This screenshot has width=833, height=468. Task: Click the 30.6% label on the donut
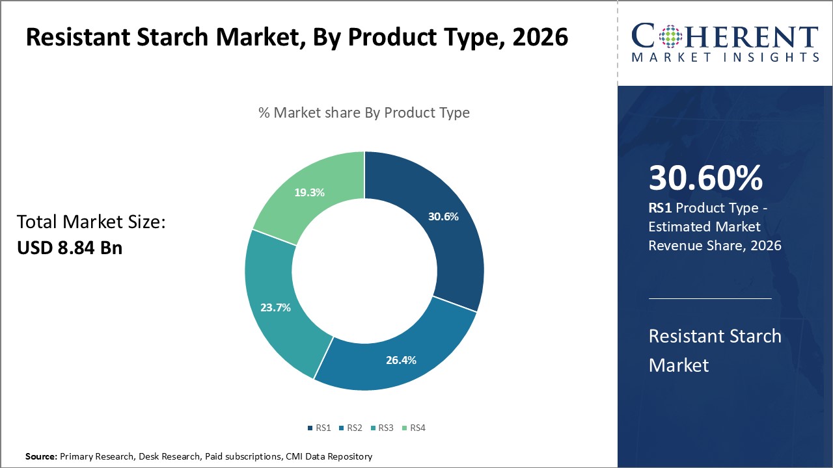(443, 216)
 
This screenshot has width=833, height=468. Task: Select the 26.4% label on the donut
(401, 359)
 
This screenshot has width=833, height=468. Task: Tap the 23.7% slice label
(275, 307)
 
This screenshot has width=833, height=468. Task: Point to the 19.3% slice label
(309, 192)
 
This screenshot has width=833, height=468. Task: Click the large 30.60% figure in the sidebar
(705, 179)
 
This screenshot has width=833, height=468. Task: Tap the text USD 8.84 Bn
(70, 248)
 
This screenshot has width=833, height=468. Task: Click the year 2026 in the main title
(539, 37)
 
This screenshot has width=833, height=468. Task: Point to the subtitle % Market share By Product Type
(364, 112)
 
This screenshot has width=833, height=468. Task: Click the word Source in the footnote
(41, 457)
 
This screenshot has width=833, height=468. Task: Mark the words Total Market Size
(91, 222)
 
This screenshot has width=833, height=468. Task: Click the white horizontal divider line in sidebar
(710, 298)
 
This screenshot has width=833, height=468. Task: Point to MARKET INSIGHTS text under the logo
(724, 58)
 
